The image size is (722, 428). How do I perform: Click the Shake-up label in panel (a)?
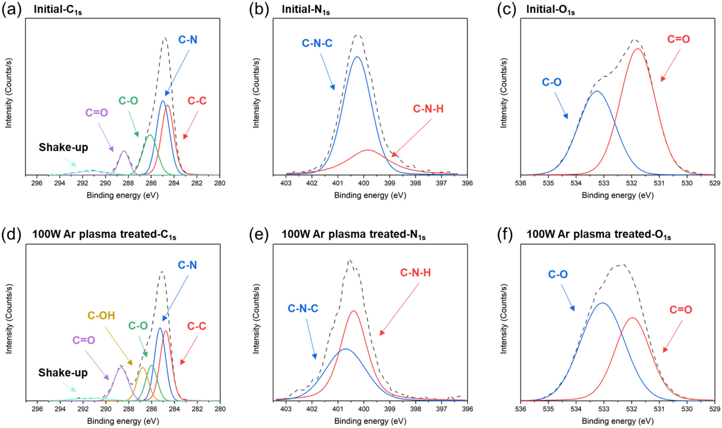click(x=63, y=147)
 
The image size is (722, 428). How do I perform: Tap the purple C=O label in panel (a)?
click(x=97, y=112)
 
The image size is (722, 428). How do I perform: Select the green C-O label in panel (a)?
click(x=128, y=101)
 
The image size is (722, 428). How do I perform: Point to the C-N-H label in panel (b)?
click(x=428, y=109)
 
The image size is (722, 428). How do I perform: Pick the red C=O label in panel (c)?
click(x=678, y=39)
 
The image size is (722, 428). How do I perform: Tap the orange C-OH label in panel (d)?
click(x=101, y=316)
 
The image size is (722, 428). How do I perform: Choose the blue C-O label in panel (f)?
click(x=558, y=274)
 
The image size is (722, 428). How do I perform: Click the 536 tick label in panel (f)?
click(x=521, y=409)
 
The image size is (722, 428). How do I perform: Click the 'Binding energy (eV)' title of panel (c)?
click(x=618, y=196)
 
